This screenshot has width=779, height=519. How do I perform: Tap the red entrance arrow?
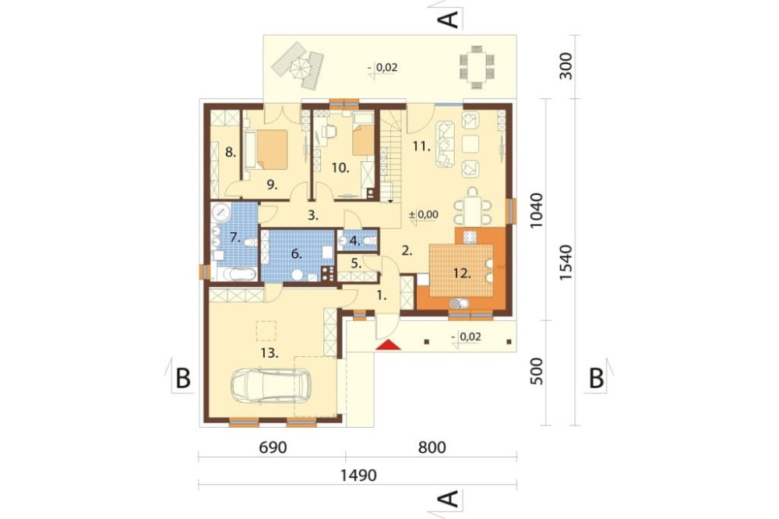(388, 344)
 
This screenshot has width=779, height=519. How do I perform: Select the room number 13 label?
(269, 354)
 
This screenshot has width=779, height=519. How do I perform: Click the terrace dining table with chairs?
(477, 67)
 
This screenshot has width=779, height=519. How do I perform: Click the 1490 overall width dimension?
(358, 475)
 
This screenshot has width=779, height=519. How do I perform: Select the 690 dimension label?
(273, 447)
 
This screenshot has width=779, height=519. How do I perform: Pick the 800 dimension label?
(432, 447)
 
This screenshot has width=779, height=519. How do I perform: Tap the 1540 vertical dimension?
(566, 263)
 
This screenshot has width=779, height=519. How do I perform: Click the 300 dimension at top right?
(566, 65)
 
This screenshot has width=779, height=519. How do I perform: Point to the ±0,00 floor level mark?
(423, 215)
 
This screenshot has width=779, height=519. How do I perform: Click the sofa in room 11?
(445, 144)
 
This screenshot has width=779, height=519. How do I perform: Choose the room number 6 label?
(296, 254)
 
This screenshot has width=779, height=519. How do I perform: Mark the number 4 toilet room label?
(354, 241)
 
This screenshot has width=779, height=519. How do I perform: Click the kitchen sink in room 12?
(459, 302)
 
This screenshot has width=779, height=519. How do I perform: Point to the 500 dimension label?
(537, 372)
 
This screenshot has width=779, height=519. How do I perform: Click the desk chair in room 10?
(329, 132)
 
